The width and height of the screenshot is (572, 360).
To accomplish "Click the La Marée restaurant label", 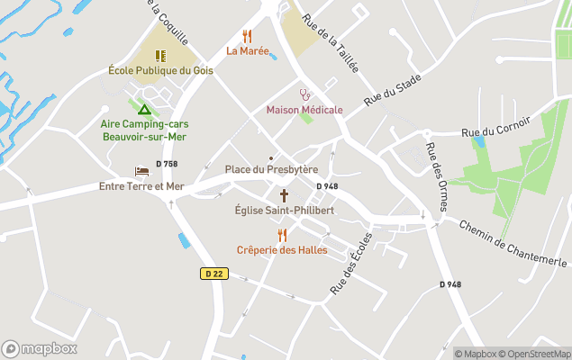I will click(248, 51).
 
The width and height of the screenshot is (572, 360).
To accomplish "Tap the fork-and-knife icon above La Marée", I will click(248, 36).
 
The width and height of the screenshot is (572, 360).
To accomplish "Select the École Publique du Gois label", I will click(160, 70).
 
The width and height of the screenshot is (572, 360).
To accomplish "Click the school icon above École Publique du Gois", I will click(160, 55).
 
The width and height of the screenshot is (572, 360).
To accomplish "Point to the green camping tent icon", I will click(143, 108).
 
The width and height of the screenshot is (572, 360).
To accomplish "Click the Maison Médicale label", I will click(304, 110).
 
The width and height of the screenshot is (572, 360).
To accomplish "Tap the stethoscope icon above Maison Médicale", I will click(304, 94).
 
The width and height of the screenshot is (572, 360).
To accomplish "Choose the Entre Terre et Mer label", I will click(141, 186).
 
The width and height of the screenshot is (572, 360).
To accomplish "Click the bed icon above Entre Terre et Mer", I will click(141, 171).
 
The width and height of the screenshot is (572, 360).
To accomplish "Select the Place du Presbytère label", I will click(271, 169).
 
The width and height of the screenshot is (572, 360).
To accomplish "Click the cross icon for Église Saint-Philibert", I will click(284, 195).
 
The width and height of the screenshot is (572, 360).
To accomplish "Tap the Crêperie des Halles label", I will click(282, 250).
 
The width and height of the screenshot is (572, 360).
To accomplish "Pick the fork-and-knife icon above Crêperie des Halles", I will click(282, 235).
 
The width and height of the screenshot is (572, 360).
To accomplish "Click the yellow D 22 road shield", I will click(213, 274).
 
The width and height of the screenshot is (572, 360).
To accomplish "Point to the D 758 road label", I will click(167, 164).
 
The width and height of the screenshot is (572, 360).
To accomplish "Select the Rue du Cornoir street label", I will click(495, 127).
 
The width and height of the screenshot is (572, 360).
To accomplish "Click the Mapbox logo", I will click(40, 348).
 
